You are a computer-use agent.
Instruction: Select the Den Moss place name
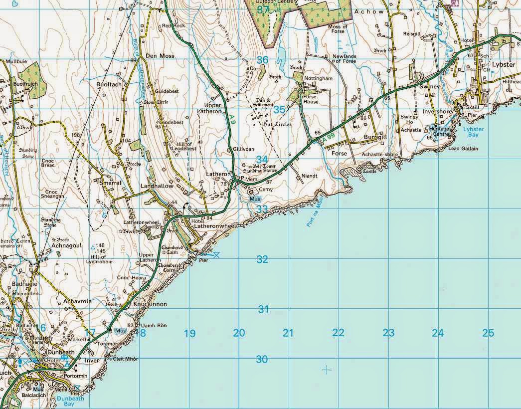160,56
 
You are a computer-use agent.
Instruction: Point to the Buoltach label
109,85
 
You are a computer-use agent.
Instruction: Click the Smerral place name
110,183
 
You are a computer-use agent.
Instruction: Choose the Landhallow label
157,186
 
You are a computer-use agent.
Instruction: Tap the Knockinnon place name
150,304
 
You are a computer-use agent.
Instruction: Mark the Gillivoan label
244,150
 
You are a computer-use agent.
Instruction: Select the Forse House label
311,99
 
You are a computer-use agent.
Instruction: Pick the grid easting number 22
338,333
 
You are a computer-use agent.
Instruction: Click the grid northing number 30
262,359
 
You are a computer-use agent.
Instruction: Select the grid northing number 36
262,60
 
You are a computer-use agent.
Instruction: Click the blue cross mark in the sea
327,370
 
